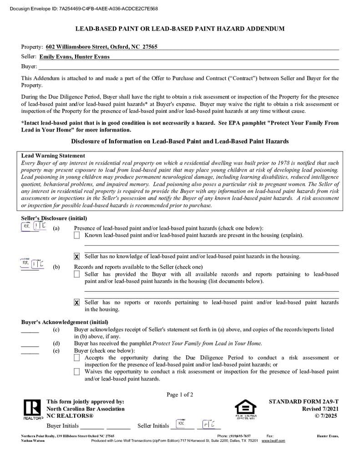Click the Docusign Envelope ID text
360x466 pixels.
point(84,9)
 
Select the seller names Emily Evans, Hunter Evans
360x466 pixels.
point(74,57)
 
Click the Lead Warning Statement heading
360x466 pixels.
point(53,156)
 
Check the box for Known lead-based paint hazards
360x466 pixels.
point(77,235)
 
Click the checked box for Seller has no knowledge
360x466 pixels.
point(77,257)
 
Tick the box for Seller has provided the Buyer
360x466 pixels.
point(77,274)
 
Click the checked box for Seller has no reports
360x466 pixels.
point(77,303)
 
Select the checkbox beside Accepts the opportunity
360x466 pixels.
point(77,358)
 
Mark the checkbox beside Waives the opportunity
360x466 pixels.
point(77,372)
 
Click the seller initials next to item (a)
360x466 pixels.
point(34,227)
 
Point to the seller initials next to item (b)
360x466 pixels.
point(32,263)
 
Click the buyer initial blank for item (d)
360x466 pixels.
point(30,344)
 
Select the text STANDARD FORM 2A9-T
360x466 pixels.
point(304,402)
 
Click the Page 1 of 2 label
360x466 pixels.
point(180,395)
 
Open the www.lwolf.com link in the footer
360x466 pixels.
point(273,441)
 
